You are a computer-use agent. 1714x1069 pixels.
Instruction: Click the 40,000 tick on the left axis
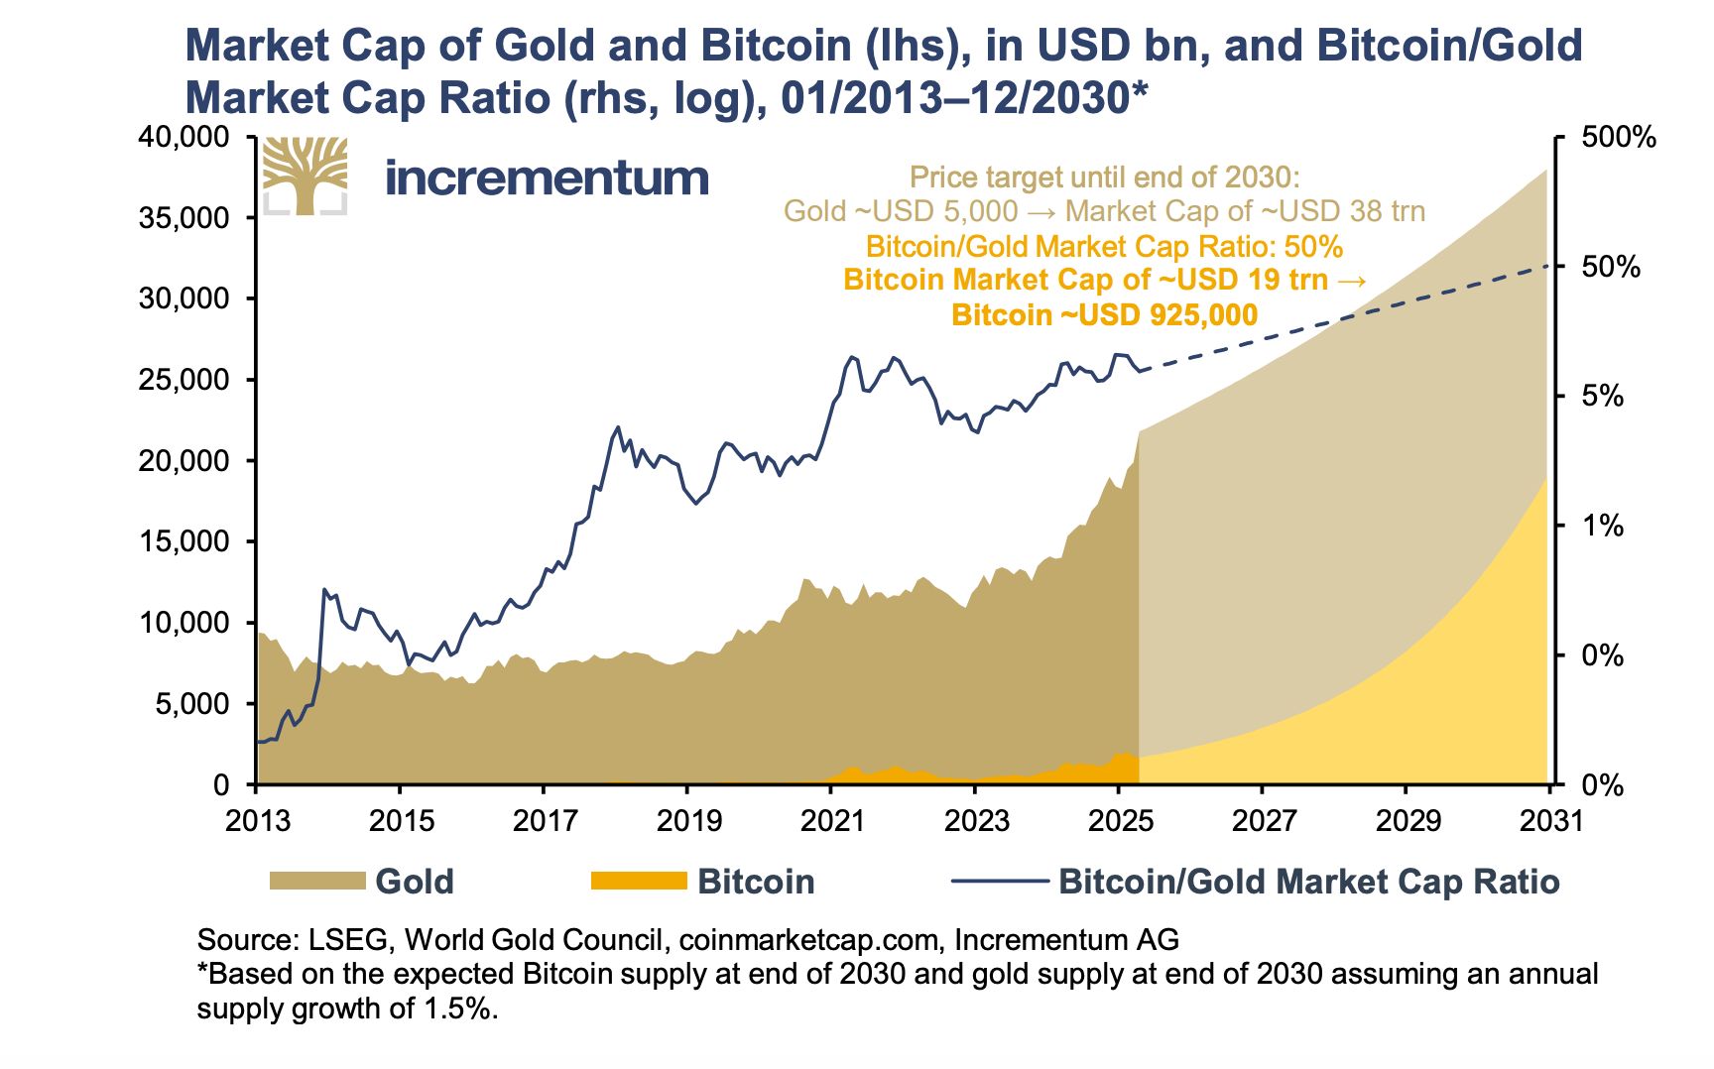184,137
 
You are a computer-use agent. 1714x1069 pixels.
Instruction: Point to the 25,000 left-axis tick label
184,380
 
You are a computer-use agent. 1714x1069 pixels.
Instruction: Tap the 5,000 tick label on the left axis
193,704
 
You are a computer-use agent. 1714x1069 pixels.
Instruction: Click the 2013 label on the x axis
257,821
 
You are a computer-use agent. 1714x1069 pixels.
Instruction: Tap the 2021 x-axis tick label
832,821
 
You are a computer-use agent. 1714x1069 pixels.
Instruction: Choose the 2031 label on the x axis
1550,821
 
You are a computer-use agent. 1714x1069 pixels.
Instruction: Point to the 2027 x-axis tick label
1263,821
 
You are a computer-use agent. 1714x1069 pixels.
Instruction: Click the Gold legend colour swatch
317,881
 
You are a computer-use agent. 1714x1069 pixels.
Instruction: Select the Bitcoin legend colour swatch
639,881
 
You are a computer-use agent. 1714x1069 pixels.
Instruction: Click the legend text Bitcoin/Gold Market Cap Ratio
1308,882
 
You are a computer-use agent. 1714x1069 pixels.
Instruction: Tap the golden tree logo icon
305,176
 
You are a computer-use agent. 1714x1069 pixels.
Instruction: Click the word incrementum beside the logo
547,178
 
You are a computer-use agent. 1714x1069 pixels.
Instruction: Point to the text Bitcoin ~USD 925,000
1104,315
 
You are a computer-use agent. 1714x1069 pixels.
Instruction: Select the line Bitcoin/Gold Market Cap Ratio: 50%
1104,247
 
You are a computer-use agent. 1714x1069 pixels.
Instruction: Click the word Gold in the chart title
544,46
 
